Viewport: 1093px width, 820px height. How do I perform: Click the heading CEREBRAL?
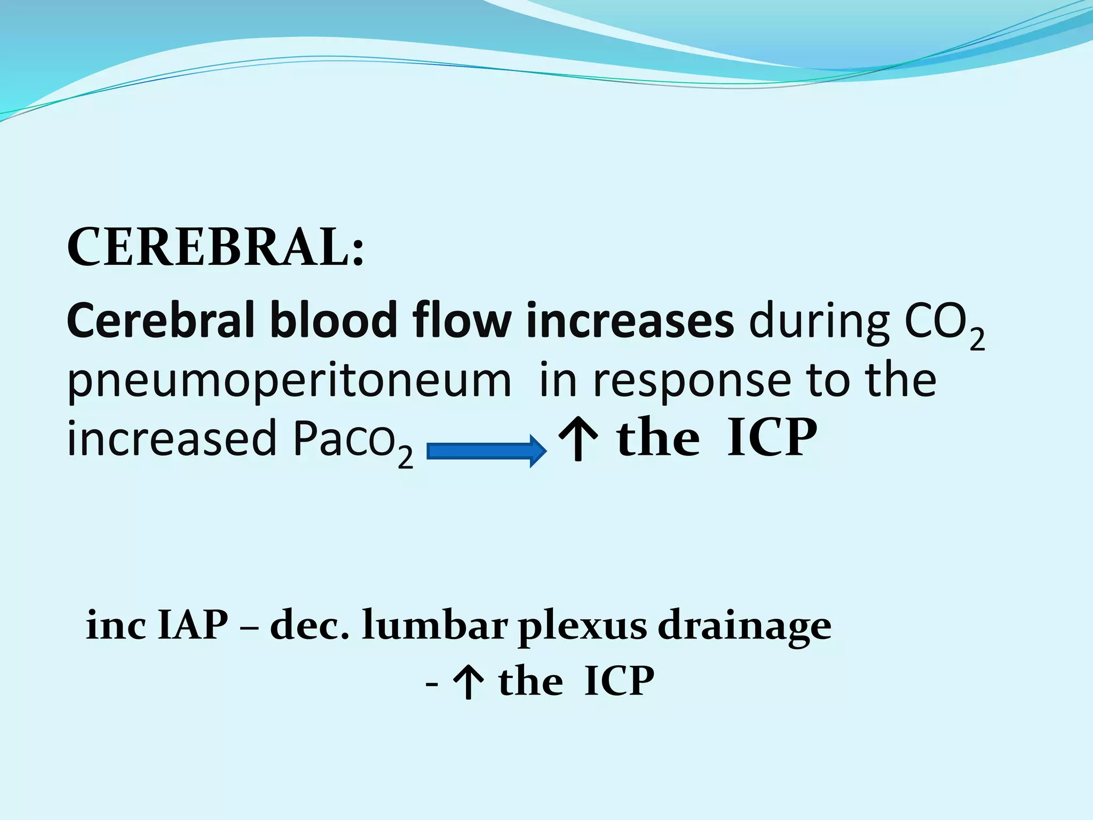pos(215,247)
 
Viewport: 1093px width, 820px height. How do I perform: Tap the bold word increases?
pos(630,321)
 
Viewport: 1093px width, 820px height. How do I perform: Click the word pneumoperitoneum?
pos(289,382)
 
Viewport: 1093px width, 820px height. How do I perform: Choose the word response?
pos(693,382)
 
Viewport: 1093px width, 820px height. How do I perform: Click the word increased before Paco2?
pos(172,438)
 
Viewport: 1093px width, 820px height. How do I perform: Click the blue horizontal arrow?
pos(486,451)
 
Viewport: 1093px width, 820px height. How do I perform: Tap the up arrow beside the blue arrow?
pos(577,439)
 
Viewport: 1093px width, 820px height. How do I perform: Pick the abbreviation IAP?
pos(193,625)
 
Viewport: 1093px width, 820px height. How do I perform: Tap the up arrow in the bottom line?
pos(468,682)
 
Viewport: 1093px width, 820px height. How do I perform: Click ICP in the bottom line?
pos(619,681)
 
